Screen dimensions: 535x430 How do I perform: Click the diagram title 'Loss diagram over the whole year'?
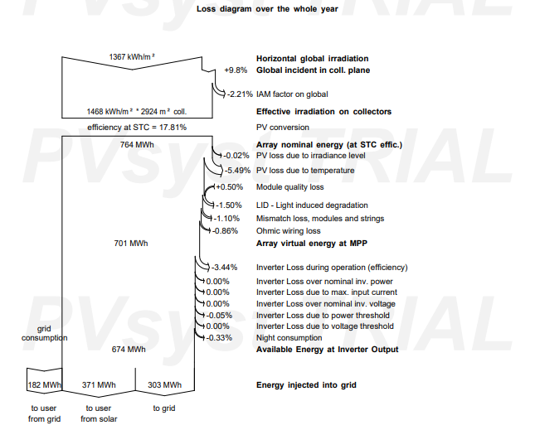pyautogui.click(x=267, y=9)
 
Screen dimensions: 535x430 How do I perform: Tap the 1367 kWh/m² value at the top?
pyautogui.click(x=132, y=56)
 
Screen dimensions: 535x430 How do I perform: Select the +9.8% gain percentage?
pyautogui.click(x=236, y=70)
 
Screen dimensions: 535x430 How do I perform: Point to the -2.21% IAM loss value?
pyautogui.click(x=241, y=94)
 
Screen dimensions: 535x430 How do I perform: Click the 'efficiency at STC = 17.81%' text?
pyautogui.click(x=137, y=128)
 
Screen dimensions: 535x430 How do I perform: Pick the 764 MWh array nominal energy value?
pyautogui.click(x=137, y=145)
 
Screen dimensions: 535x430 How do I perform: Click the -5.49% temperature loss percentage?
pyautogui.click(x=237, y=171)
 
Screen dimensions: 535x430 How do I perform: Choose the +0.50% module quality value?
pyautogui.click(x=229, y=187)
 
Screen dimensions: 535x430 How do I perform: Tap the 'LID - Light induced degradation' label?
pyautogui.click(x=312, y=205)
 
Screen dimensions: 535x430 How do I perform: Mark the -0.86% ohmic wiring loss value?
pyautogui.click(x=225, y=231)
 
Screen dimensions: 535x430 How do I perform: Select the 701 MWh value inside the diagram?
pyautogui.click(x=131, y=244)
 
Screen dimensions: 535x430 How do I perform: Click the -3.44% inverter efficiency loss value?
pyautogui.click(x=224, y=268)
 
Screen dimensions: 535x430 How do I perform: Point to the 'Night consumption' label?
pyautogui.click(x=289, y=338)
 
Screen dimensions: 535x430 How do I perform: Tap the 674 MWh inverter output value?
pyautogui.click(x=129, y=350)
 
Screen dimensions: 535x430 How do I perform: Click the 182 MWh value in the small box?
pyautogui.click(x=44, y=385)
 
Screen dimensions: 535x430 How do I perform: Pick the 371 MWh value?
pyautogui.click(x=99, y=385)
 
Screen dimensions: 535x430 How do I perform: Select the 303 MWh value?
pyautogui.click(x=165, y=385)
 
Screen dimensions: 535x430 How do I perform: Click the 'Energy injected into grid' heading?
pyautogui.click(x=306, y=385)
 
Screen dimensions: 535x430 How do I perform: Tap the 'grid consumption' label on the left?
pyautogui.click(x=44, y=333)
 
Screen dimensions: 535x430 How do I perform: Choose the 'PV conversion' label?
pyautogui.click(x=283, y=128)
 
